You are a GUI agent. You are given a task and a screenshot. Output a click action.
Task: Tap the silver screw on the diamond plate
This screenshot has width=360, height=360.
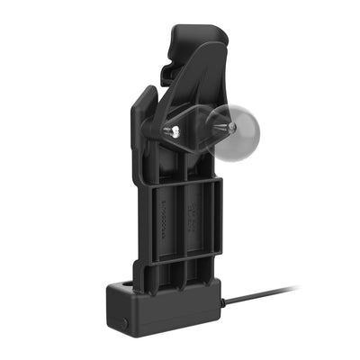[177, 132]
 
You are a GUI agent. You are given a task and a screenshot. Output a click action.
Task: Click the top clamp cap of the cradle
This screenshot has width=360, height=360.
[193, 37]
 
